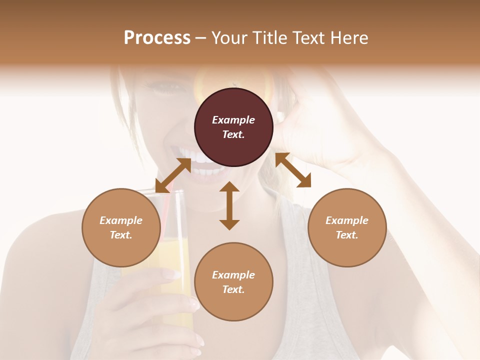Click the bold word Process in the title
tap(157, 38)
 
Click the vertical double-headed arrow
tap(229, 205)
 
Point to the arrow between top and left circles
tap(173, 175)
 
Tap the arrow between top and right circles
tap(293, 170)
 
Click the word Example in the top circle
tap(233, 120)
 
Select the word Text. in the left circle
tap(121, 235)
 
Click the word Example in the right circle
tap(347, 220)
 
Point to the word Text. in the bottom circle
tap(233, 289)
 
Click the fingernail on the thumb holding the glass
tap(171, 274)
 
